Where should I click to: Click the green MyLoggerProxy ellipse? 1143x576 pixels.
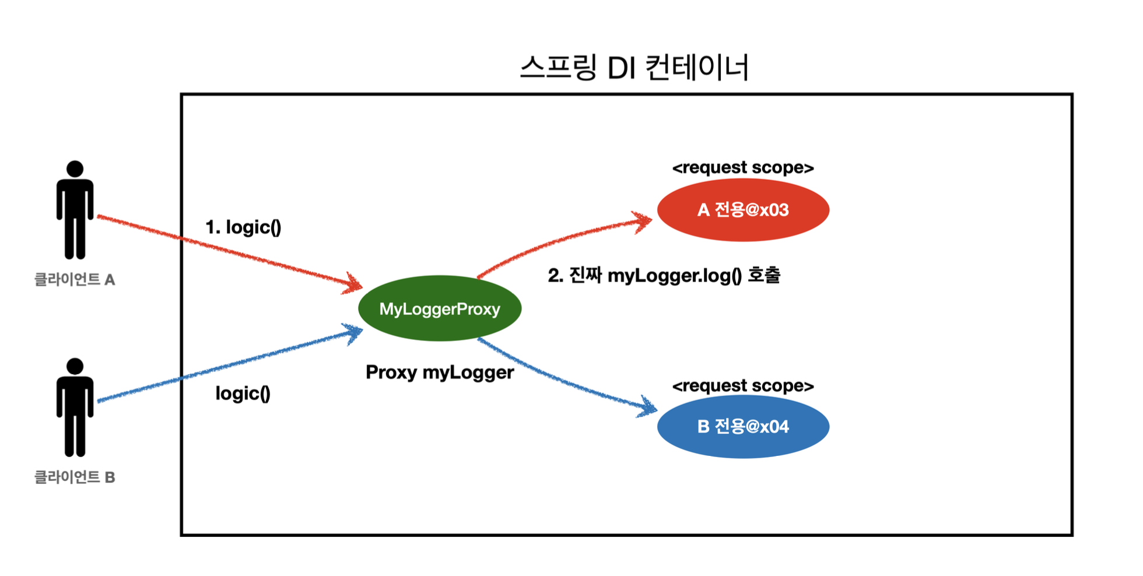click(x=440, y=308)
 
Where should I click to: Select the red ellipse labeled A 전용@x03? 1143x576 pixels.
click(x=743, y=210)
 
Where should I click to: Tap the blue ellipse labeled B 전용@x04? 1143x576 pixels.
click(x=743, y=427)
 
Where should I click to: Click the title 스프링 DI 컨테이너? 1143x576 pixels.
click(x=634, y=68)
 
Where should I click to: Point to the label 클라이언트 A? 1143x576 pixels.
click(x=75, y=280)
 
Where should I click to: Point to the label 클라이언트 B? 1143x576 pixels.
click(x=75, y=477)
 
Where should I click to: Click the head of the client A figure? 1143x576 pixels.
click(x=75, y=169)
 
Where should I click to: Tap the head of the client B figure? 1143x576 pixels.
click(x=75, y=366)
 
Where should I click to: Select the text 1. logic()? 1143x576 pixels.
click(x=243, y=227)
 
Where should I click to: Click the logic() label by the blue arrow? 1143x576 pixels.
click(x=243, y=394)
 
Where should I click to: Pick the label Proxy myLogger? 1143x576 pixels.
click(x=440, y=373)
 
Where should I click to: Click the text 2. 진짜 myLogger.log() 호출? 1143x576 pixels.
click(x=664, y=275)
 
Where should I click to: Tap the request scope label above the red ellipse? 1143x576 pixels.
click(x=743, y=168)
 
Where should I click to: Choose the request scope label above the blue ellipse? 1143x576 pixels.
click(x=743, y=386)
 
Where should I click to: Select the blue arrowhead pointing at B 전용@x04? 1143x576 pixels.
click(x=648, y=407)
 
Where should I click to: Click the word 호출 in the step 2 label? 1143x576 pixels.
click(x=763, y=275)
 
